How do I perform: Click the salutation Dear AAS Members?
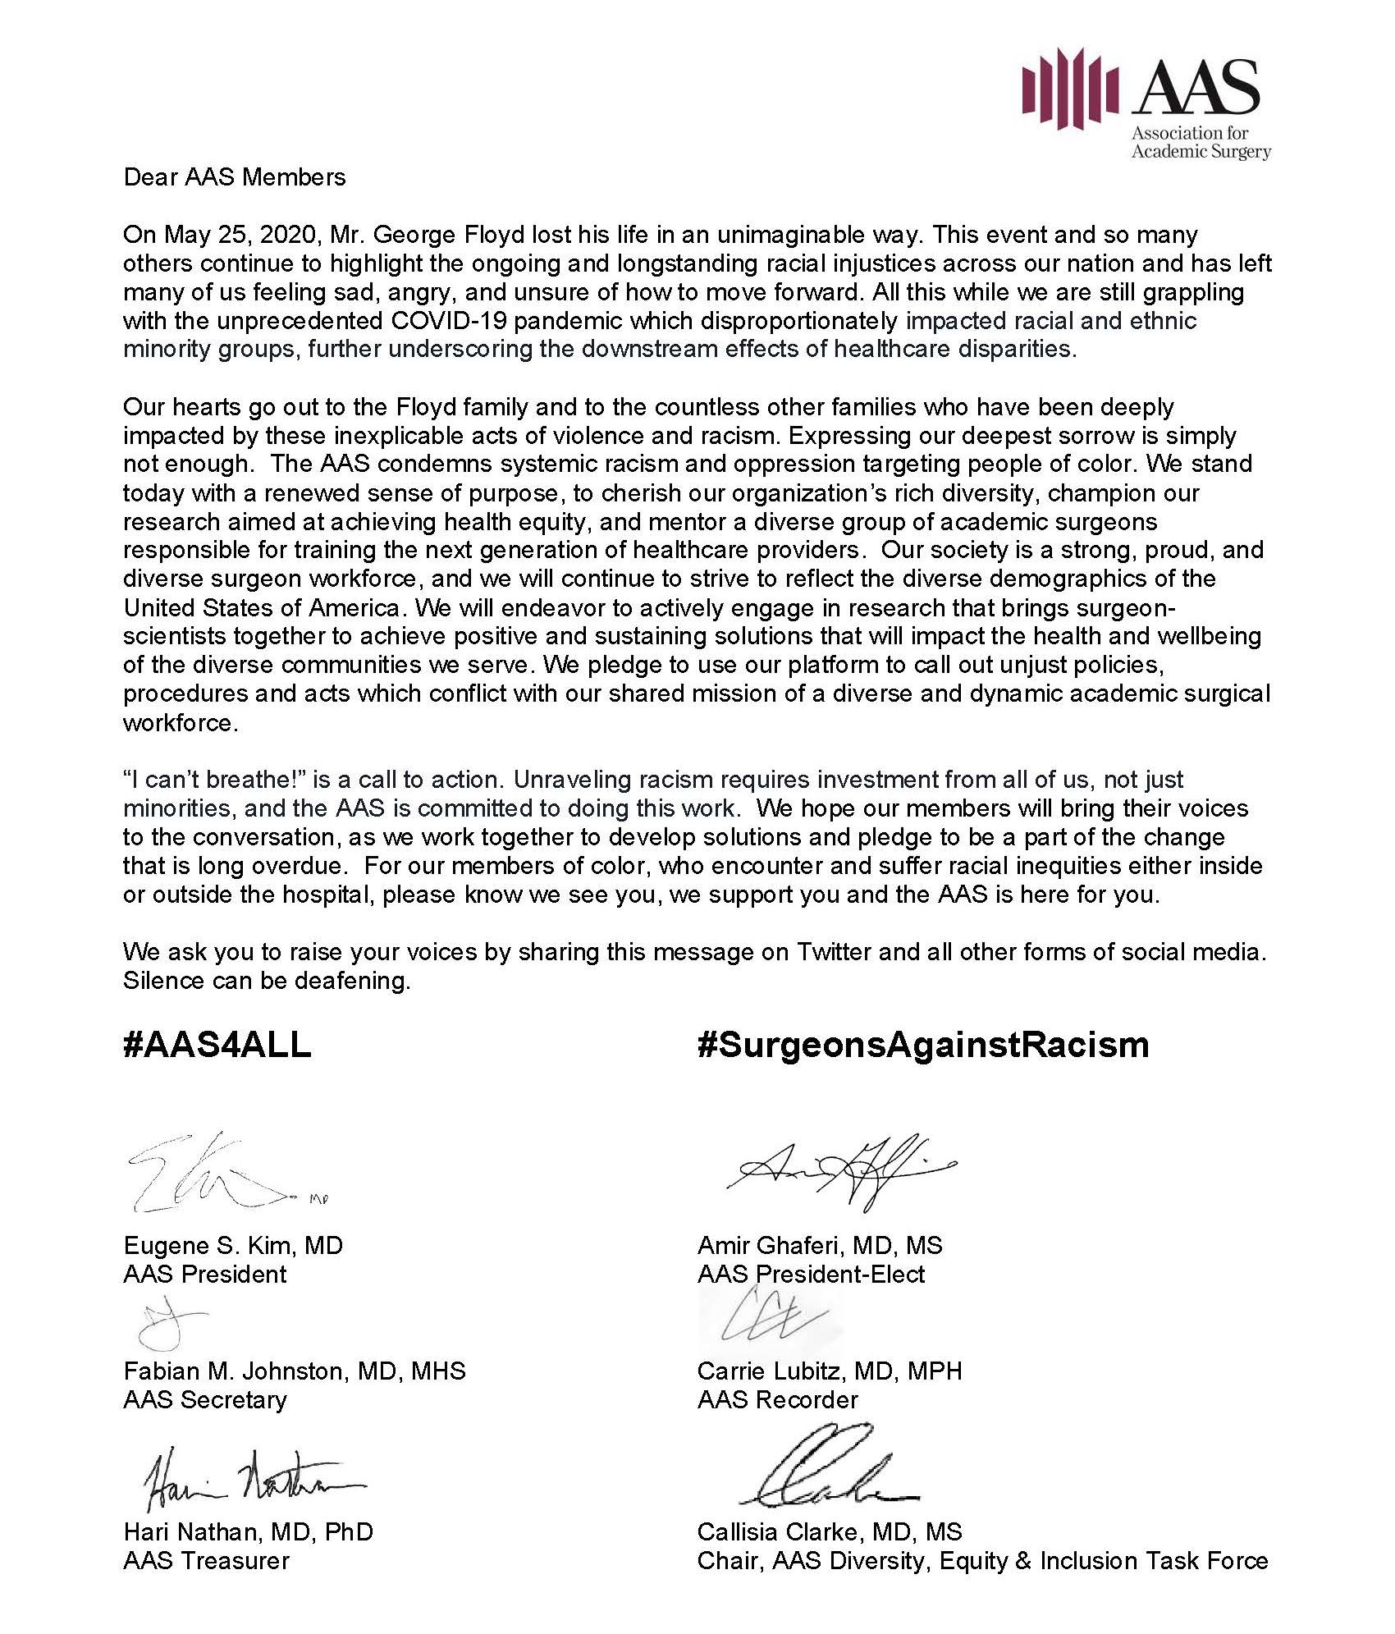235,177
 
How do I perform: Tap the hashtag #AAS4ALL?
217,1045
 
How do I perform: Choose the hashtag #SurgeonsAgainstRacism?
922,1045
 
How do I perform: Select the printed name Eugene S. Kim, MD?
233,1245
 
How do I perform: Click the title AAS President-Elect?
811,1274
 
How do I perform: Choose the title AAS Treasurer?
206,1560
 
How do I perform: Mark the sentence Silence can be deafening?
267,981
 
